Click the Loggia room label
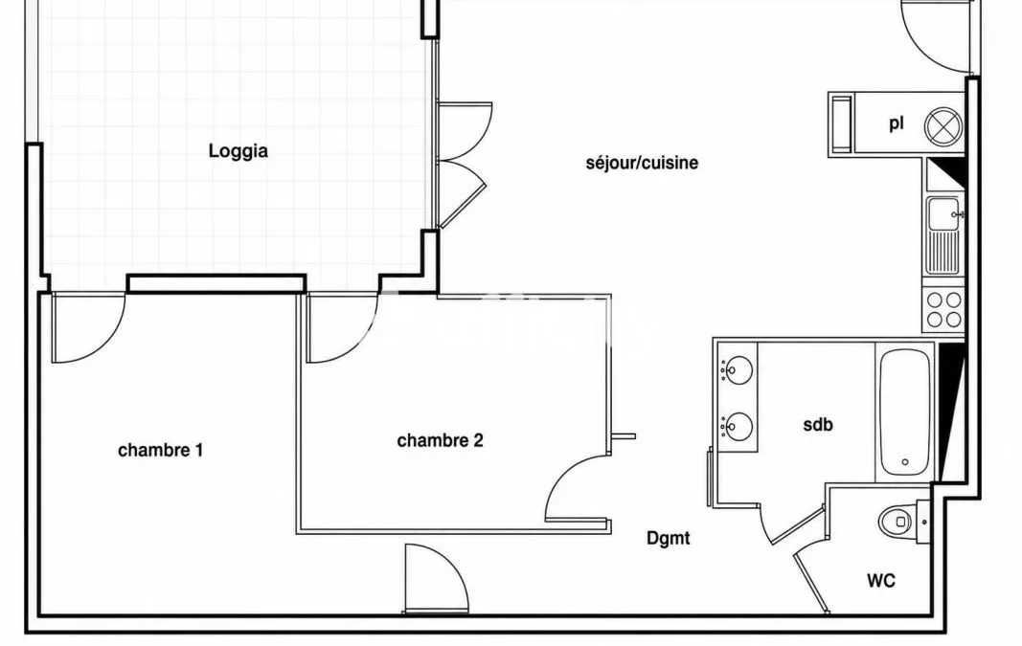point(238,151)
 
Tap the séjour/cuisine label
point(642,162)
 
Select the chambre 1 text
point(160,450)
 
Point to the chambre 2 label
point(440,441)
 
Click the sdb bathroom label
point(818,425)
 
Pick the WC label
point(881,580)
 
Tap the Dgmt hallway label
point(668,538)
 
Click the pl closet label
point(897,123)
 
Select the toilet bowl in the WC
point(897,521)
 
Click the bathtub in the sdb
point(905,412)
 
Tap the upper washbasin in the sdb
point(738,369)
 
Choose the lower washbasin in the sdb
point(738,427)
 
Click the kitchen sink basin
point(943,214)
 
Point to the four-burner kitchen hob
point(943,309)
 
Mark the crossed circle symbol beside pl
point(943,125)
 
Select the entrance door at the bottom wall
point(437,579)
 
